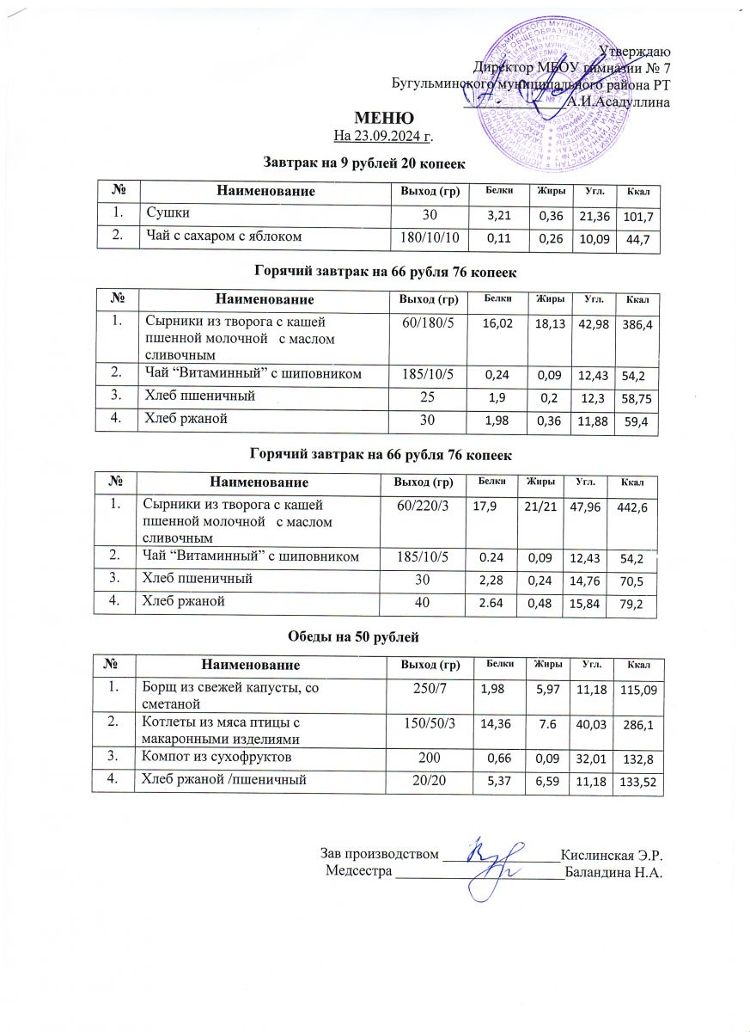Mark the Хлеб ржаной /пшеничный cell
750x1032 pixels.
pyautogui.click(x=222, y=780)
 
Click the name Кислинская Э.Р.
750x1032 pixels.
pyautogui.click(x=613, y=855)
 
